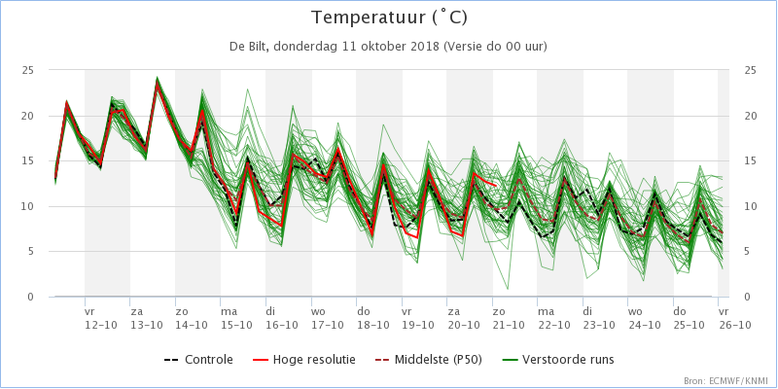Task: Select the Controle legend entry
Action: pyautogui.click(x=198, y=359)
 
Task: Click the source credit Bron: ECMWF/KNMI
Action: pyautogui.click(x=725, y=380)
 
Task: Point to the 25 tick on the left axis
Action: pyautogui.click(x=28, y=70)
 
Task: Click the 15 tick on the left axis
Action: pyautogui.click(x=28, y=160)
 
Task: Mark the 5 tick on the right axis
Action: pyautogui.click(x=747, y=251)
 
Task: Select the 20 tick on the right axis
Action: pyautogui.click(x=750, y=116)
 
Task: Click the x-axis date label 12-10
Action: pyautogui.click(x=101, y=324)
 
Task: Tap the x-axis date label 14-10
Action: pyautogui.click(x=192, y=324)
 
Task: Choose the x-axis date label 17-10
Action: pyautogui.click(x=328, y=324)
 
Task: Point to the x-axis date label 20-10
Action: pyautogui.click(x=464, y=324)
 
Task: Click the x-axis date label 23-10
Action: pyautogui.click(x=600, y=324)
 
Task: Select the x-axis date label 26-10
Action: pyautogui.click(x=735, y=324)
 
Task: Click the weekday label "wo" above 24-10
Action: pyautogui.click(x=635, y=311)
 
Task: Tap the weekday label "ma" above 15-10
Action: pyautogui.click(x=229, y=311)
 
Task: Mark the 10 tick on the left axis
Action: pyautogui.click(x=28, y=206)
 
